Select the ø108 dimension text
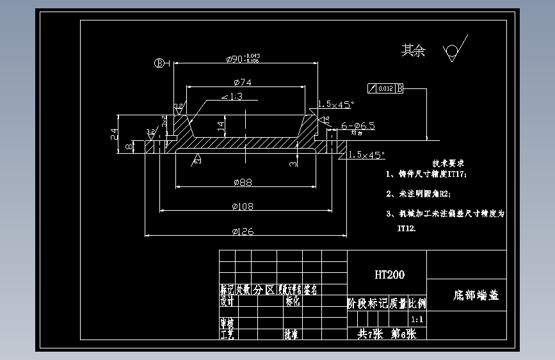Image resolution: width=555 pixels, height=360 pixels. [x=243, y=206]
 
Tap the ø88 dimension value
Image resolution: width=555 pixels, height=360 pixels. [x=243, y=183]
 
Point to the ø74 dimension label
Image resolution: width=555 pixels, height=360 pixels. [x=242, y=83]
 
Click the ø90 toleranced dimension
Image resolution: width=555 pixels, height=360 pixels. [x=243, y=59]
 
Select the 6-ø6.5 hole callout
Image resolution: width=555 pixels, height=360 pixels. [x=358, y=126]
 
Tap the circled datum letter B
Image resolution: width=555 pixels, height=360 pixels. [x=159, y=63]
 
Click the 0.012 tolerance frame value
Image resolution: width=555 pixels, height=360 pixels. [x=385, y=88]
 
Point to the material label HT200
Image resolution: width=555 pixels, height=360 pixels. [x=389, y=275]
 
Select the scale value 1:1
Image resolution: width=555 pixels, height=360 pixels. [x=417, y=319]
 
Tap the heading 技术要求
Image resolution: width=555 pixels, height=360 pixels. [x=447, y=164]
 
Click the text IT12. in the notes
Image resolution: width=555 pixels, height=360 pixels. [x=406, y=228]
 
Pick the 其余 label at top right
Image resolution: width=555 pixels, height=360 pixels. [x=413, y=51]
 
